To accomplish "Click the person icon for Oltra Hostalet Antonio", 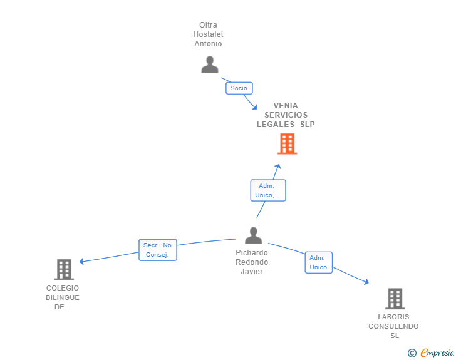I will [x=210, y=64].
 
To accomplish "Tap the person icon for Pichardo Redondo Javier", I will [x=253, y=235].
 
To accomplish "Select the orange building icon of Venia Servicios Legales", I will [x=287, y=144].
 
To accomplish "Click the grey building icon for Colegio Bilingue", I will [x=64, y=269].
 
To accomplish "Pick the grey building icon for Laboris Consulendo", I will [x=395, y=299].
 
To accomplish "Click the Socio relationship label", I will [x=239, y=88].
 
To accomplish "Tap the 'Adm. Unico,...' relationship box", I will [x=268, y=190].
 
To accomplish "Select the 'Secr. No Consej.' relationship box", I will [x=157, y=250].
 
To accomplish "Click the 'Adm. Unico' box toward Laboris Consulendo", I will [x=318, y=262].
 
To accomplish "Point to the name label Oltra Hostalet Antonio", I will [x=209, y=34].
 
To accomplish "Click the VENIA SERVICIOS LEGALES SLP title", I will [x=286, y=115].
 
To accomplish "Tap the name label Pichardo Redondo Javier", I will [x=252, y=262].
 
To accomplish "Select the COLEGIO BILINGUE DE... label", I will [x=63, y=297].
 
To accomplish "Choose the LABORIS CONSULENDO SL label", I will [x=394, y=326].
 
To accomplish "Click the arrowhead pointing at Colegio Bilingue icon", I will [x=82, y=262].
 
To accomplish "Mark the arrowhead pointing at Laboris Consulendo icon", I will [x=366, y=283].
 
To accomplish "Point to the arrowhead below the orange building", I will [x=277, y=167].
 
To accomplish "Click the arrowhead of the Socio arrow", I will [x=254, y=106].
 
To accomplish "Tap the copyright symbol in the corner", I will [x=412, y=353].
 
